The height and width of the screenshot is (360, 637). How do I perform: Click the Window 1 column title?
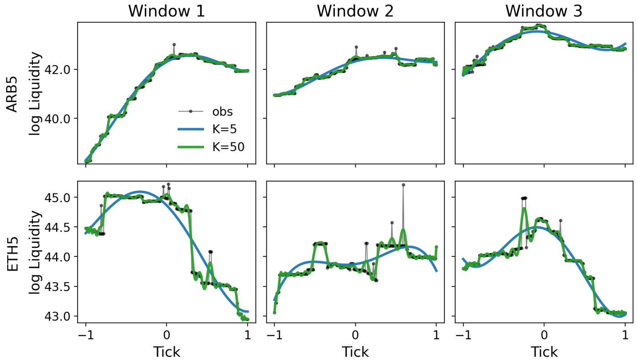click(x=166, y=11)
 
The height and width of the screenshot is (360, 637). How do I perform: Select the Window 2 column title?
click(x=355, y=11)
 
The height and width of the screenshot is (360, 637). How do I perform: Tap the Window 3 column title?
click(x=543, y=11)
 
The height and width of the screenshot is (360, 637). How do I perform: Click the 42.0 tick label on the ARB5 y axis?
click(x=59, y=69)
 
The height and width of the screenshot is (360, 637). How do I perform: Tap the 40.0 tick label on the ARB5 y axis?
click(x=59, y=119)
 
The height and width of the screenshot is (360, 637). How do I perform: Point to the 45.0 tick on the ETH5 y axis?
click(x=59, y=198)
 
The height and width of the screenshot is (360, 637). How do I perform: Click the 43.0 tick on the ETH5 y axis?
click(x=59, y=316)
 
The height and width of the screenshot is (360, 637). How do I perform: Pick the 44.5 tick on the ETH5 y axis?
click(x=59, y=228)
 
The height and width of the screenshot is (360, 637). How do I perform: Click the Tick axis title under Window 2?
click(x=355, y=352)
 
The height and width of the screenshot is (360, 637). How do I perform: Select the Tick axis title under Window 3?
click(x=543, y=352)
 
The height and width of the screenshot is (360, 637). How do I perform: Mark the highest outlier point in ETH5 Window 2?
click(x=403, y=185)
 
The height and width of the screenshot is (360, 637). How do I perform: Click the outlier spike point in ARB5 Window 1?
click(x=174, y=45)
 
